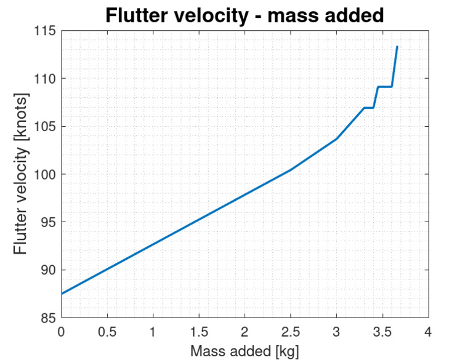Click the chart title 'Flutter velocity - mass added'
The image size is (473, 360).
coord(245,15)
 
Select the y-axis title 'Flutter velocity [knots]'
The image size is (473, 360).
coord(21,174)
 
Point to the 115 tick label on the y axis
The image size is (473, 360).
coord(44,31)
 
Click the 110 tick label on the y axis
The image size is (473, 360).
coord(44,79)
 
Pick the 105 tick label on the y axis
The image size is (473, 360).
coord(44,127)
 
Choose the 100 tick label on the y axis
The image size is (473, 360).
coord(44,175)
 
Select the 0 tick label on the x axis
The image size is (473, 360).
coord(61,332)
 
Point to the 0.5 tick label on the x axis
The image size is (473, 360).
coord(107,332)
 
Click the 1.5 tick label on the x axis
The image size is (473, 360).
coord(199,332)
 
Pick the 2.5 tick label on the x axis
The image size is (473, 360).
coord(291,332)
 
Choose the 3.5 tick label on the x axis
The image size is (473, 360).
coord(382,332)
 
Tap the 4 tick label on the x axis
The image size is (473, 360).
coord(428,332)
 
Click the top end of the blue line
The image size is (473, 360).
coord(397,47)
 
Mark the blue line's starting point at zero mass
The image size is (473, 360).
coord(62,294)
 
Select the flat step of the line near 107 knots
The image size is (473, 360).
coord(368,108)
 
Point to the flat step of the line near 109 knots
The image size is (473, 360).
coord(385,87)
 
